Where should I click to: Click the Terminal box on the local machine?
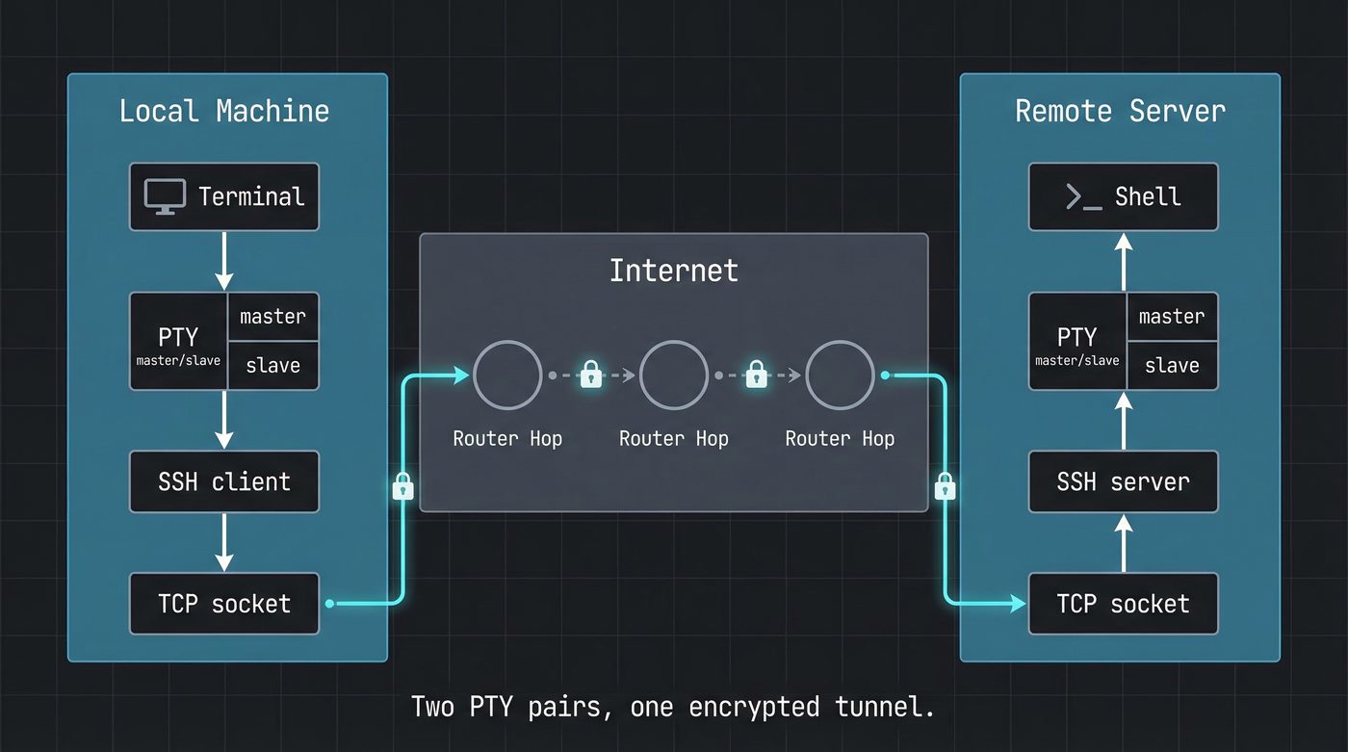click(x=224, y=196)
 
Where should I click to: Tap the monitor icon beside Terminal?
click(x=165, y=196)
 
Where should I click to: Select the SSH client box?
click(x=224, y=481)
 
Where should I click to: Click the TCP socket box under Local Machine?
click(x=224, y=604)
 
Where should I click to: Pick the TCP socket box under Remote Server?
click(x=1123, y=604)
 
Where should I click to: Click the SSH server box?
click(x=1123, y=481)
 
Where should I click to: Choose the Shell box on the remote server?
click(x=1123, y=196)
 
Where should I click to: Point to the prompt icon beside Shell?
click(x=1083, y=197)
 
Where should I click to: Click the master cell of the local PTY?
click(x=272, y=317)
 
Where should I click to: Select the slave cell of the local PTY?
click(x=272, y=366)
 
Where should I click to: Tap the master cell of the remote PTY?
click(x=1172, y=317)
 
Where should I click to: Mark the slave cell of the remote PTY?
click(x=1172, y=366)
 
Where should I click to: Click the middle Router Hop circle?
click(x=673, y=376)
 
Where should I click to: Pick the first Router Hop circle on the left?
click(x=507, y=376)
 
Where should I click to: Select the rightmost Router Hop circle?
click(x=840, y=376)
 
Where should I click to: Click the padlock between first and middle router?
click(x=590, y=375)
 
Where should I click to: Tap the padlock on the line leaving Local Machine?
click(x=403, y=487)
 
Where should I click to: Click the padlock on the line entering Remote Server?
click(x=946, y=487)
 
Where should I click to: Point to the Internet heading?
click(x=673, y=270)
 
